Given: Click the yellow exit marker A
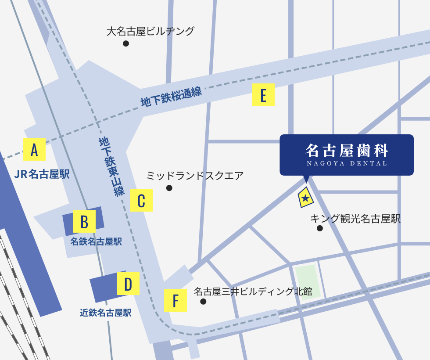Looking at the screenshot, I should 34,149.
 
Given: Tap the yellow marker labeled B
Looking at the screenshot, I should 84,222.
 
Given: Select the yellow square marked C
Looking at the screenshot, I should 141,200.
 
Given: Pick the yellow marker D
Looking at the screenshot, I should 128,284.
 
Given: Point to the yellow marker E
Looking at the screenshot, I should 263,95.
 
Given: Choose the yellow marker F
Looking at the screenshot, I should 175,300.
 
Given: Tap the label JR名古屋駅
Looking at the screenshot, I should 42,174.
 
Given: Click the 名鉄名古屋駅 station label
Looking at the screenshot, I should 96,241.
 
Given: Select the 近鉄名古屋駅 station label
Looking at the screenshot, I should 106,313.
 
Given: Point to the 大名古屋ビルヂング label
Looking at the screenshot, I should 150,32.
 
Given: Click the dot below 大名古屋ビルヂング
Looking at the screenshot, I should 126,43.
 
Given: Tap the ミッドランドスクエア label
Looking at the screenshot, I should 195,176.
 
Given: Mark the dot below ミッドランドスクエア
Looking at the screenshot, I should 169,188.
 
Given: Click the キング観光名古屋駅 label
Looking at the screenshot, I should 355,219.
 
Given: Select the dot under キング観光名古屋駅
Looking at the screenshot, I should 320,228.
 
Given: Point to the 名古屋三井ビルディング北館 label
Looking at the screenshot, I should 253,291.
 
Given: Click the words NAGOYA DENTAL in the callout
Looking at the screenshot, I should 347,163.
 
